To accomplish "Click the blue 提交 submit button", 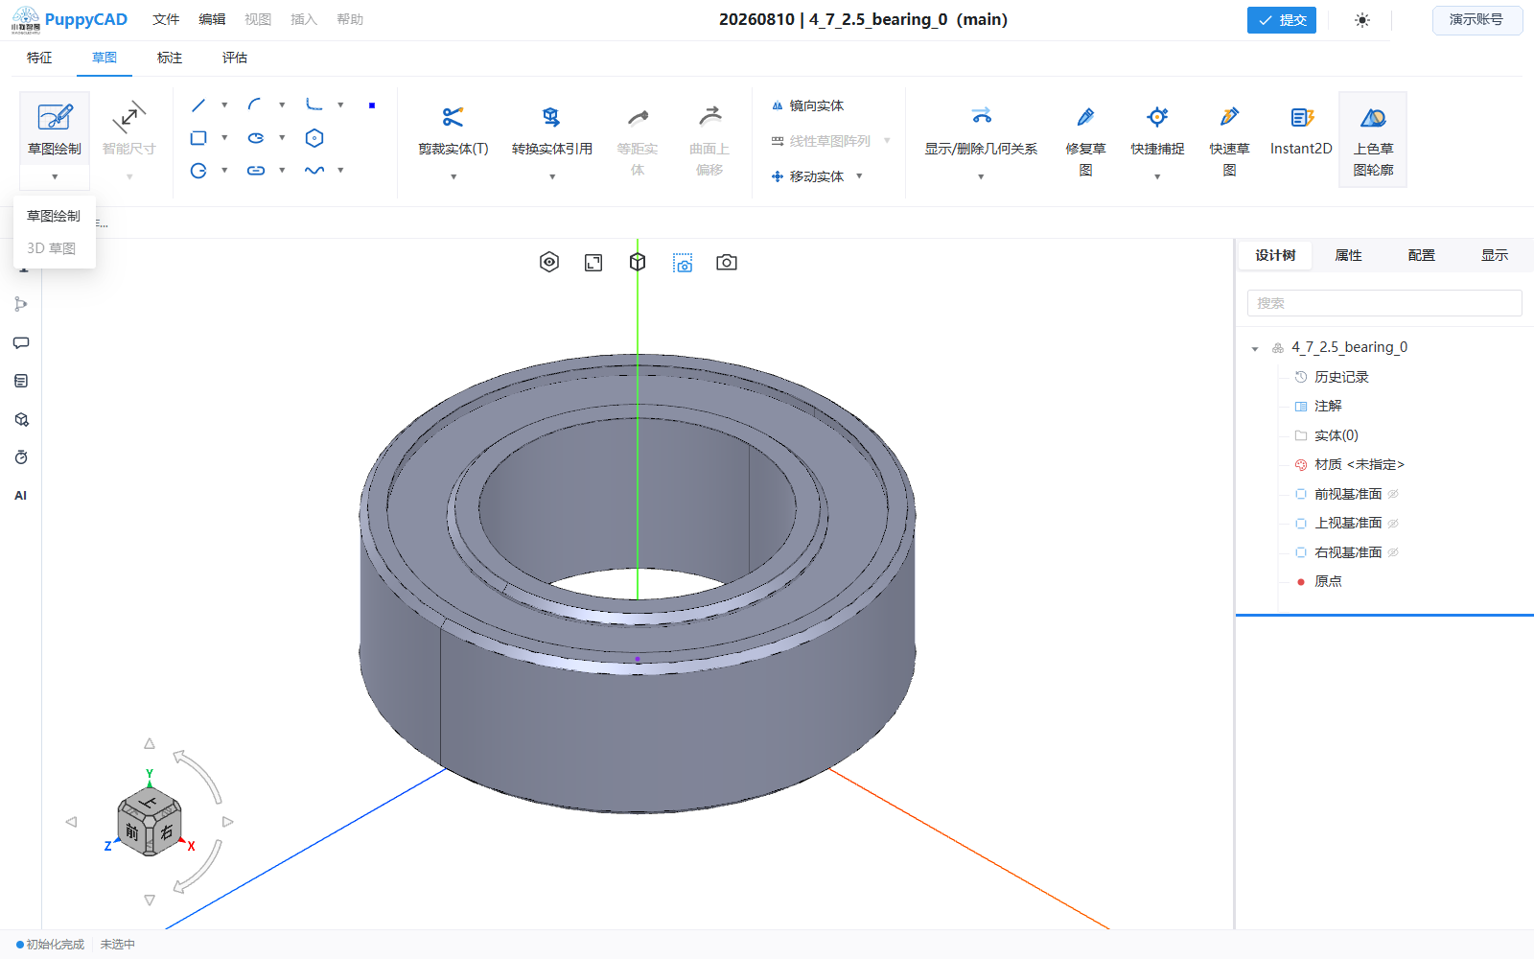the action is pos(1281,20).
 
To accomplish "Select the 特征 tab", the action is pos(39,58).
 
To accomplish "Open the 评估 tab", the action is pos(234,58).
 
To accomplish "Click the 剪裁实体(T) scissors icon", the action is pos(453,117).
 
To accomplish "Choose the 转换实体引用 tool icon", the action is pos(551,117).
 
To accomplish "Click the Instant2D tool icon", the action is pos(1301,117).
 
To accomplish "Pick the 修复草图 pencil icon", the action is pos(1085,117).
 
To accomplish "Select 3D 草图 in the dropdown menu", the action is pos(52,248).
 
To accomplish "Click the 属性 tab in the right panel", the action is pos(1348,255).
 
